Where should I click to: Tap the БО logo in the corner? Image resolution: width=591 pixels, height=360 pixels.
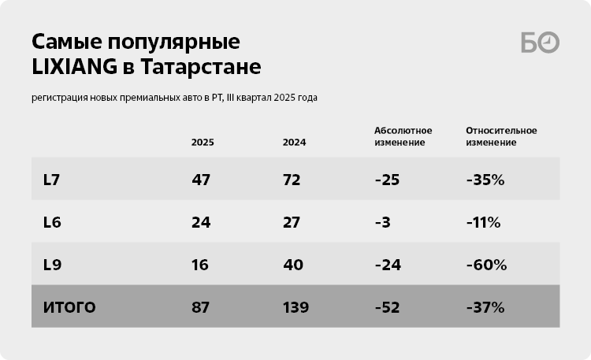click(540, 43)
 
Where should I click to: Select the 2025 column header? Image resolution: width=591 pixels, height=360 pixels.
click(203, 143)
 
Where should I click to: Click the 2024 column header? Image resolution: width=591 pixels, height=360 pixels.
click(294, 143)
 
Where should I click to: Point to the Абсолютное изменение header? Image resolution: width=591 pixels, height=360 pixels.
click(400, 136)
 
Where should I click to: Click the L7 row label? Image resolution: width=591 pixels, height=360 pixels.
click(51, 180)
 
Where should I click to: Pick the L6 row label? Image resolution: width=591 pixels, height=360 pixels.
click(52, 222)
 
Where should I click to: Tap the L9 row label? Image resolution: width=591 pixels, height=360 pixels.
click(52, 265)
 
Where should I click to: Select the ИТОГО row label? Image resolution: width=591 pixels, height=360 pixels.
click(69, 307)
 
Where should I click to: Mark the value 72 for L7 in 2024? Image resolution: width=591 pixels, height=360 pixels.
click(292, 180)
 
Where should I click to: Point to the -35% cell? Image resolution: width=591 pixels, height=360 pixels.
click(485, 180)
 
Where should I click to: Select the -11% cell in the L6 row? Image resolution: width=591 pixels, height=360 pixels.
click(483, 222)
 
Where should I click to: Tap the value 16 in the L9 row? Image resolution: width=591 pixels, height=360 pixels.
click(200, 265)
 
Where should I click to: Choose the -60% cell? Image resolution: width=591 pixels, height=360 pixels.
click(486, 265)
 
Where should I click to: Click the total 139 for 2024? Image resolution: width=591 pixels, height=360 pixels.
click(296, 307)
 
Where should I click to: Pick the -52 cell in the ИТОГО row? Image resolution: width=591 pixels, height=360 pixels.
click(388, 307)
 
